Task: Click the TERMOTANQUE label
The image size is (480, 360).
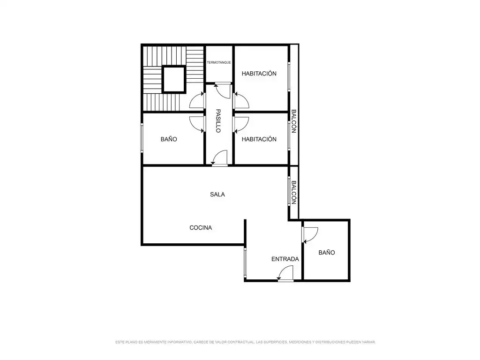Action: point(219,62)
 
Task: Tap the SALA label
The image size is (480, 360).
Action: point(217,195)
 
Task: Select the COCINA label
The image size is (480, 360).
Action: point(201,228)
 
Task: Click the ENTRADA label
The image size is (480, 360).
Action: point(285,259)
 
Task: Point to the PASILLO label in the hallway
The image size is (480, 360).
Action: point(218,121)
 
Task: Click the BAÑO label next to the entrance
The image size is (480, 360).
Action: point(327,253)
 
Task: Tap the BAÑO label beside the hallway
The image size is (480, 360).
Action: point(169,139)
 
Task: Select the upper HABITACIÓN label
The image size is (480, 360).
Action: point(259,74)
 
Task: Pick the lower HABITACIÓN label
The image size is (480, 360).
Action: point(259,139)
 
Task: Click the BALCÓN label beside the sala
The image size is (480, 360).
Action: point(293,193)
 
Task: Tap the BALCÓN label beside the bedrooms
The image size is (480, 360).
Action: point(293,121)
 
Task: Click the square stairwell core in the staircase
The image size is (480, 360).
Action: point(174,79)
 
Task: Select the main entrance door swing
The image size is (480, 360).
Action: point(285,273)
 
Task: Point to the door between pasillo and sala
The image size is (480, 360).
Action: point(219,158)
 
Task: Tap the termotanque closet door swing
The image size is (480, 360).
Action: point(223,90)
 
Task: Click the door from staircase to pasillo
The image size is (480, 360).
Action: point(197,100)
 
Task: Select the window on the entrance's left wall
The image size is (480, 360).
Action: point(245,263)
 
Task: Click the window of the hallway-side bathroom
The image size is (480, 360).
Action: point(142,138)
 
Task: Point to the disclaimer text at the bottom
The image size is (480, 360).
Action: point(245,342)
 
